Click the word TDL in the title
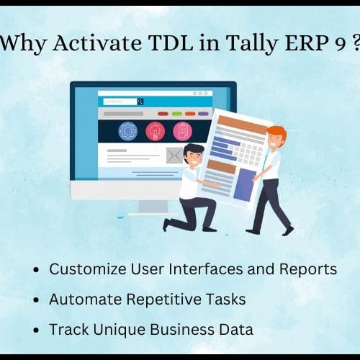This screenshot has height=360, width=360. (171, 43)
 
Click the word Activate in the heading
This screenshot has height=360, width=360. (97, 43)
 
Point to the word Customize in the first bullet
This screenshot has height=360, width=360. (88, 269)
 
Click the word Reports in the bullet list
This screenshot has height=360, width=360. (308, 270)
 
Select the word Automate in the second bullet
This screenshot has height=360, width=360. (85, 300)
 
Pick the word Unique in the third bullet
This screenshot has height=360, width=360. (119, 330)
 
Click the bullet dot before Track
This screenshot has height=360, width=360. (36, 330)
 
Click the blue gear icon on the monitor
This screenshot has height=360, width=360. (128, 131)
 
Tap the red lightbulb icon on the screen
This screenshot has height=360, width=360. (156, 131)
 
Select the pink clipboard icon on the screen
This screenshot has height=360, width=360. (183, 131)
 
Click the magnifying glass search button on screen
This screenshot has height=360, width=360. (140, 102)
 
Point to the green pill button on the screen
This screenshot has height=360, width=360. (177, 114)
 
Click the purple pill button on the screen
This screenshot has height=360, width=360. (203, 114)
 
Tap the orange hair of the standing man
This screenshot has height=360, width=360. (278, 132)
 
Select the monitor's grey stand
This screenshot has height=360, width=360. (153, 207)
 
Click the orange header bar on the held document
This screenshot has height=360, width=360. (243, 124)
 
